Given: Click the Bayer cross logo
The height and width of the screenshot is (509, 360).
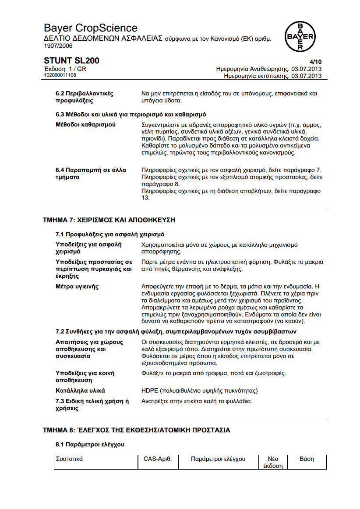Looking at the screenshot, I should pyautogui.click(x=300, y=37).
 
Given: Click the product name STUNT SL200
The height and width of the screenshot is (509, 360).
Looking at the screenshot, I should pyautogui.click(x=71, y=61).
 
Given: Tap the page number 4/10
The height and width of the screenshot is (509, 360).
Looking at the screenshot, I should pyautogui.click(x=315, y=63).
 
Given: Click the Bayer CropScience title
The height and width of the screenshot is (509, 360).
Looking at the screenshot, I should pyautogui.click(x=91, y=28).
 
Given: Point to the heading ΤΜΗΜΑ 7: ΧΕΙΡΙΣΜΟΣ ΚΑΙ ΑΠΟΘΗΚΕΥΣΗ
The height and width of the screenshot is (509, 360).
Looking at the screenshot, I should pyautogui.click(x=109, y=220).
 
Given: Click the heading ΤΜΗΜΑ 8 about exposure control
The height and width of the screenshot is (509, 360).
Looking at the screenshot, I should pyautogui.click(x=136, y=430).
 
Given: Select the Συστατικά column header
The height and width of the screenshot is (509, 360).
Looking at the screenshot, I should pyautogui.click(x=70, y=459).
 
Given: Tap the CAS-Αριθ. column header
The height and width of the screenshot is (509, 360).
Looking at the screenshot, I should pyautogui.click(x=157, y=459).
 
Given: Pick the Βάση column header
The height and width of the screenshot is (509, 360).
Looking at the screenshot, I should pyautogui.click(x=307, y=459).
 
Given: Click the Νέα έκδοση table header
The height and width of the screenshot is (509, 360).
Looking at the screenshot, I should pyautogui.click(x=273, y=462).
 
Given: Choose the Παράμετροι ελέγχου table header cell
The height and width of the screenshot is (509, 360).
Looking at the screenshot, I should pyautogui.click(x=218, y=459).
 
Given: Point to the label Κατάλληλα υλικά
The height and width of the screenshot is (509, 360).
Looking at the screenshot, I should pyautogui.click(x=80, y=390).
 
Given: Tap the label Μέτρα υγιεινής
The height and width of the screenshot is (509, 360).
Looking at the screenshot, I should pyautogui.click(x=77, y=287).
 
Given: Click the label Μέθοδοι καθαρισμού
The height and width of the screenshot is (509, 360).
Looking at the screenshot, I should pyautogui.click(x=85, y=125).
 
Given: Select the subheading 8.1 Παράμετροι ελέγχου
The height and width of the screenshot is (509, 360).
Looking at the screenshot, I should pyautogui.click(x=90, y=445).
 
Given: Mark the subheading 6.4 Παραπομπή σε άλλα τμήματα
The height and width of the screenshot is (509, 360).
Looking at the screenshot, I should pyautogui.click(x=91, y=174).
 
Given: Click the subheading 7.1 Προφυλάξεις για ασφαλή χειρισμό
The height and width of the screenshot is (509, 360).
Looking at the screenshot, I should pyautogui.click(x=110, y=235).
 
